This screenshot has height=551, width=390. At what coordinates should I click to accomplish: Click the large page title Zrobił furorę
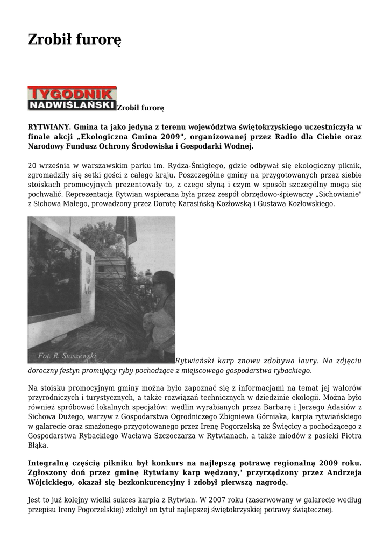coord(74,39)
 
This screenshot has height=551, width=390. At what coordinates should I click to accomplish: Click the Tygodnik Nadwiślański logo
coord(72,98)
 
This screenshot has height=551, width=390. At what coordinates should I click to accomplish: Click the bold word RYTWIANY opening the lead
coord(49,127)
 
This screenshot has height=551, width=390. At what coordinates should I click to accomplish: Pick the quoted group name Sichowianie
coord(338,195)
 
